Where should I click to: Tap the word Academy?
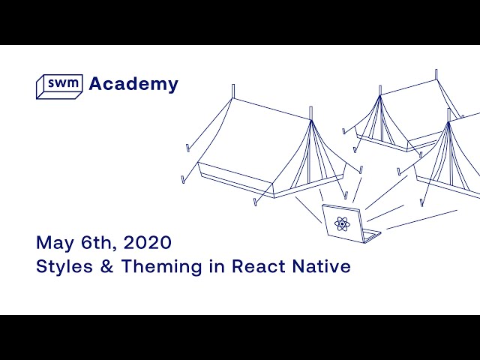point(133,84)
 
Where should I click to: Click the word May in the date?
point(53,243)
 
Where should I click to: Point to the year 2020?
point(147,243)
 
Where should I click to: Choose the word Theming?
point(160,267)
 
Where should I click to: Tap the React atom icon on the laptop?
point(341,223)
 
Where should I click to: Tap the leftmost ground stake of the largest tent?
point(183,179)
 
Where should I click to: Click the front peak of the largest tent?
point(310,120)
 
